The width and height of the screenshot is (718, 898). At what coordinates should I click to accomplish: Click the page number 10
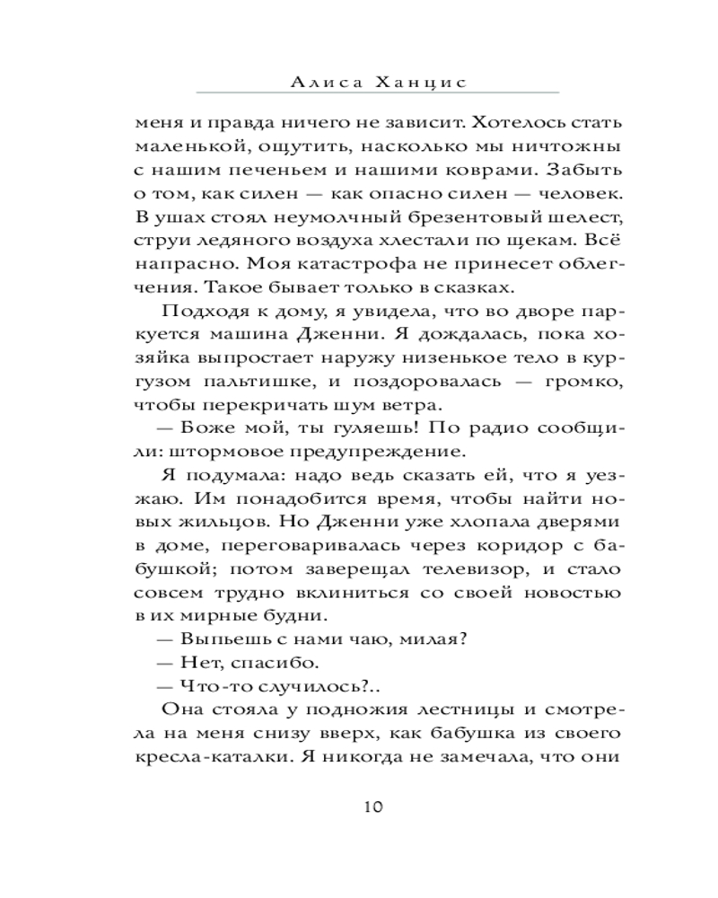click(373, 806)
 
